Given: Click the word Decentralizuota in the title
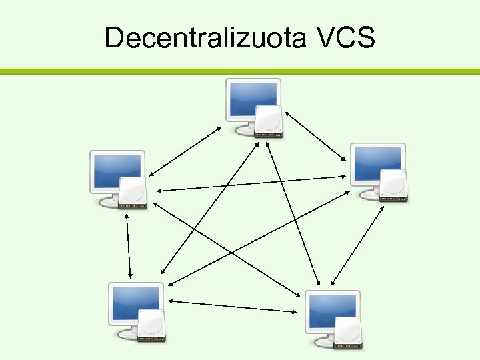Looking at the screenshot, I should point(199,38).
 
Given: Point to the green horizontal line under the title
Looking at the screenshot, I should point(240,71).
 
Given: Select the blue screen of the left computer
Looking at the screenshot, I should point(116,170).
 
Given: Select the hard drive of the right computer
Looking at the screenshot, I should point(393,185).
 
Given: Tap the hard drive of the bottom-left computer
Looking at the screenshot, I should point(151,325).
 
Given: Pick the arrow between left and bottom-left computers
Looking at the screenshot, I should point(129,246).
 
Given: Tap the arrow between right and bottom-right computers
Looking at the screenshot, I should point(357,243).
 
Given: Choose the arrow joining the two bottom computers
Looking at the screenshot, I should point(233,306).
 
